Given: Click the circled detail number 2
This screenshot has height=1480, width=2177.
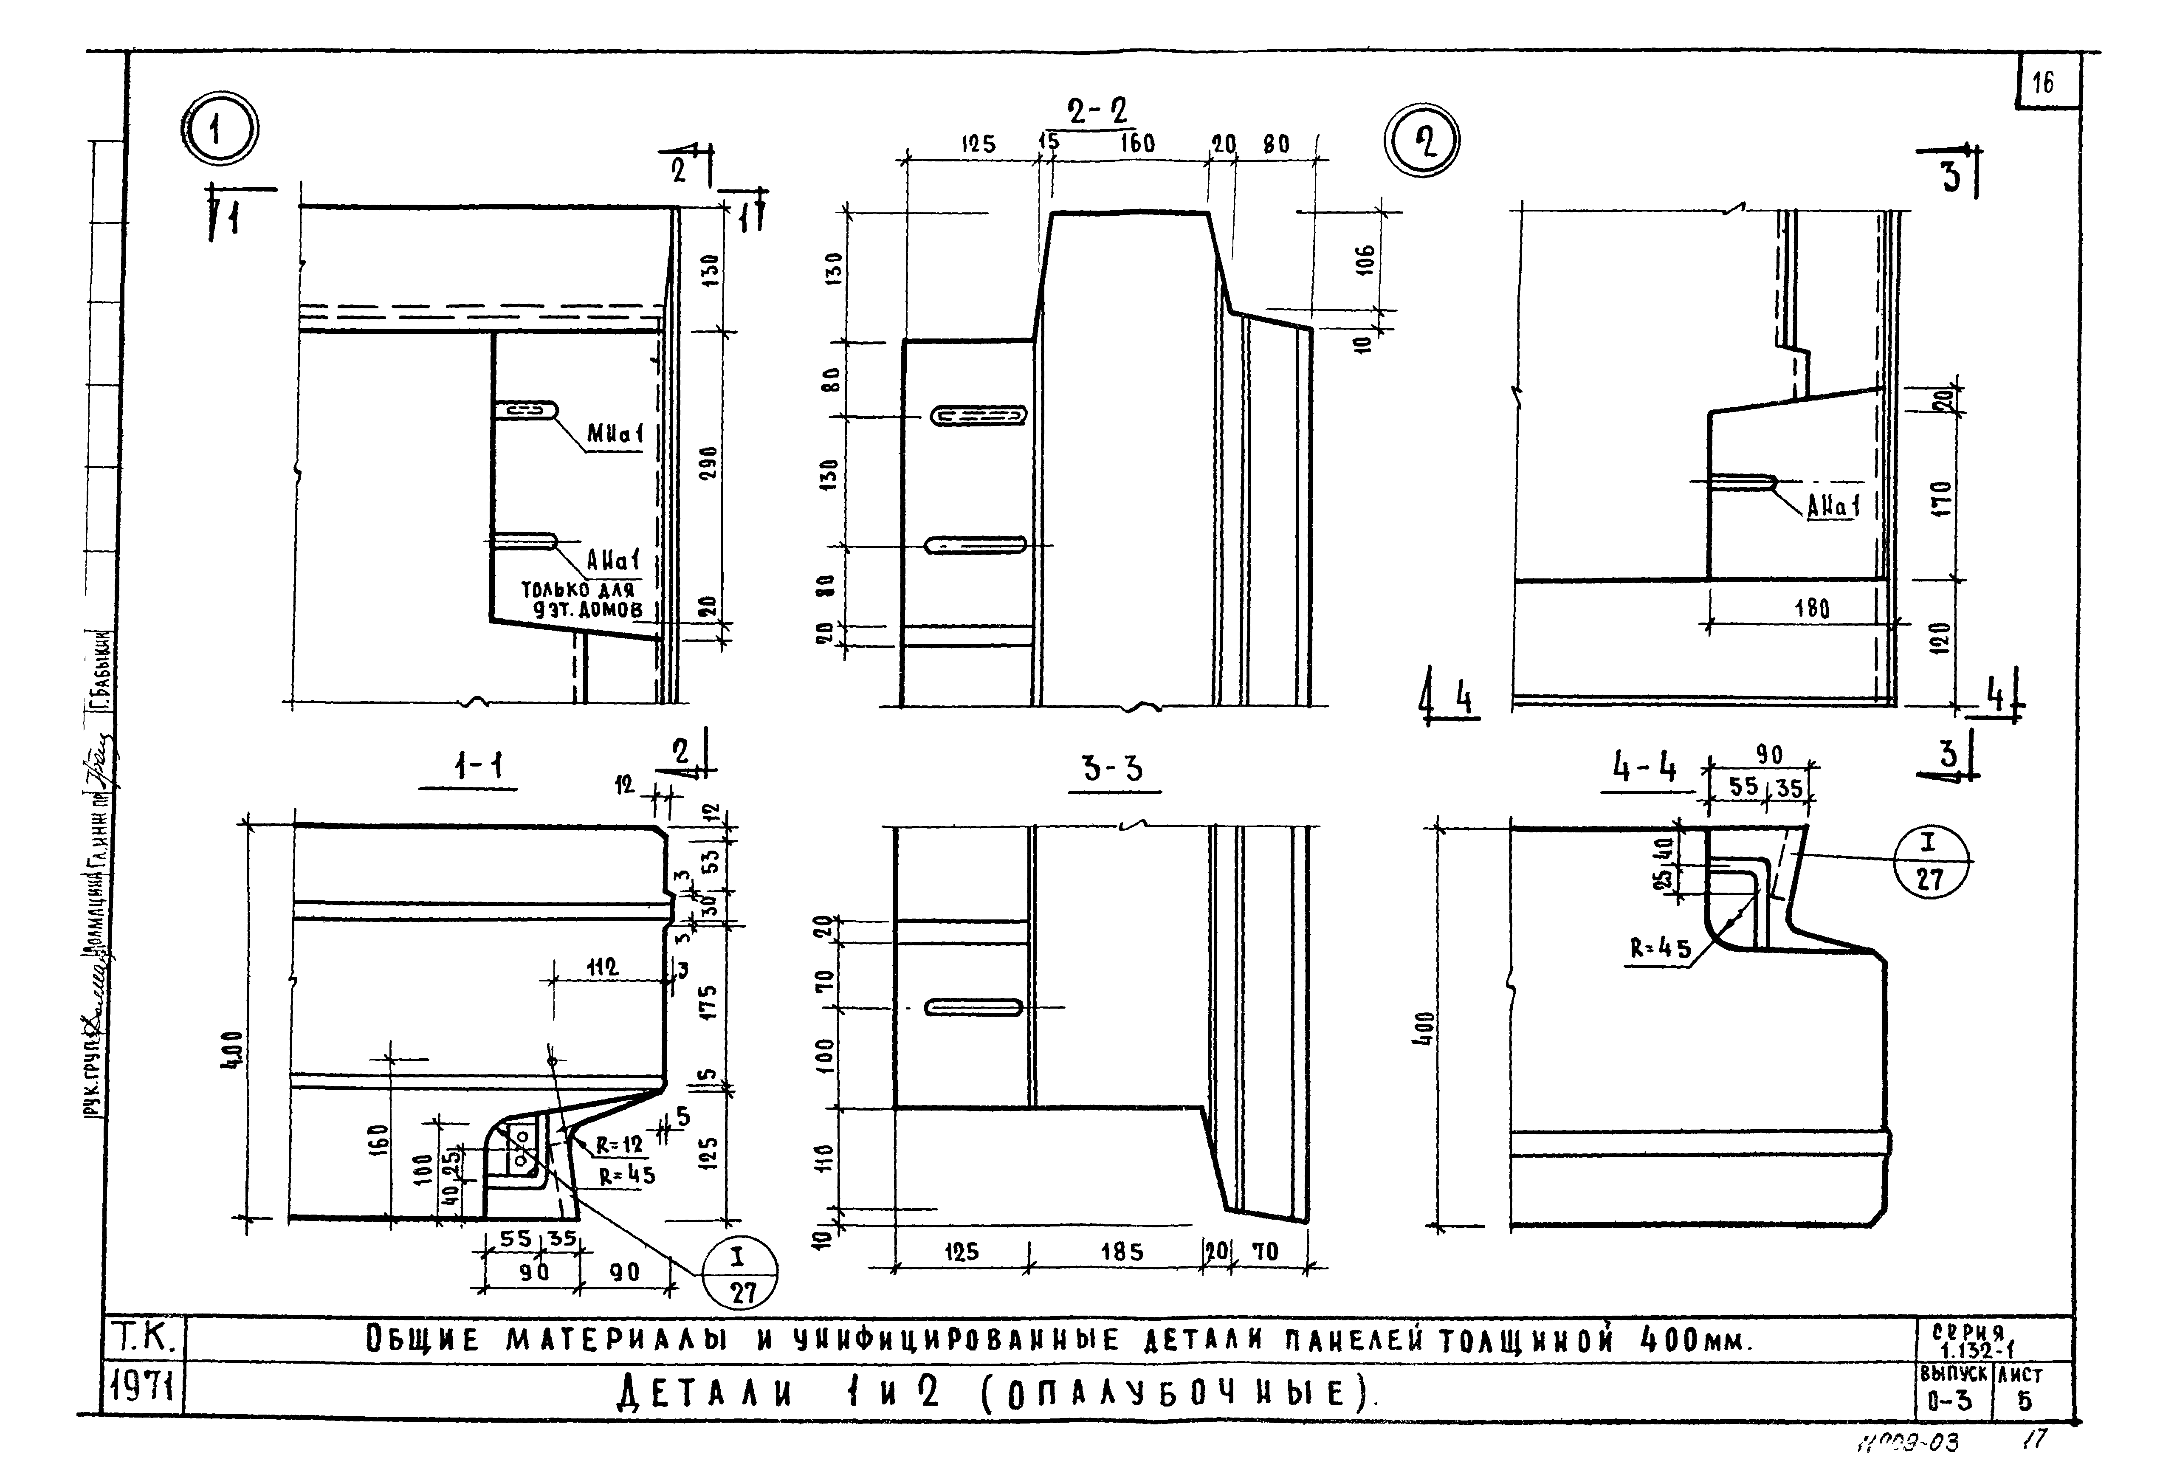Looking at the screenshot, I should pyautogui.click(x=1421, y=143).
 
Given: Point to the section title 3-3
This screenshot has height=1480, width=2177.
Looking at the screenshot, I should pyautogui.click(x=1113, y=770).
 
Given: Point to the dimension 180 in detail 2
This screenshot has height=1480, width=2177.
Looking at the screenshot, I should pyautogui.click(x=1812, y=609).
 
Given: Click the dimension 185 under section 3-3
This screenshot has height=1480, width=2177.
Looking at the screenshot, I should pyautogui.click(x=1121, y=1252).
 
